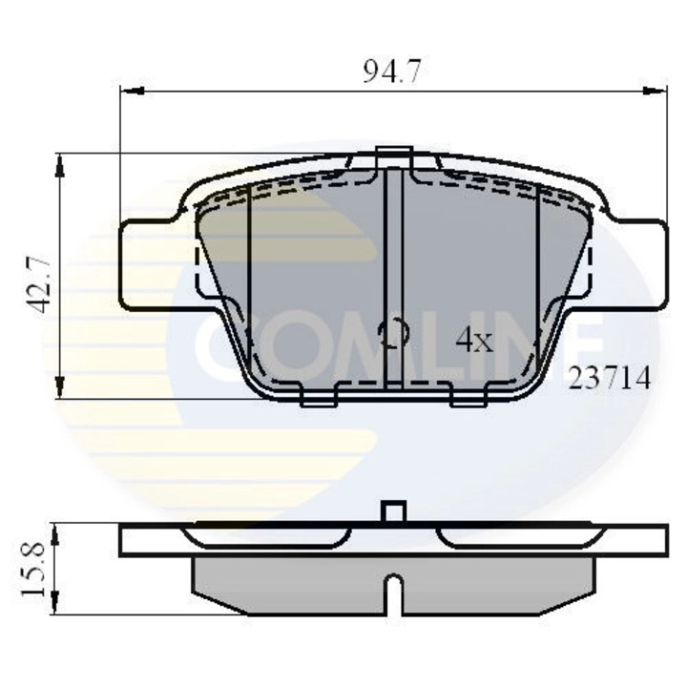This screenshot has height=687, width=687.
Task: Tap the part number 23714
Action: (610, 379)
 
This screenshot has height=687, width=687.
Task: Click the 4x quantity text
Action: (473, 341)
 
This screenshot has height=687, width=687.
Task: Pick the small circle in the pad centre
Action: (393, 333)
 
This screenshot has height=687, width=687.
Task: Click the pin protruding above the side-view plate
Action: (391, 511)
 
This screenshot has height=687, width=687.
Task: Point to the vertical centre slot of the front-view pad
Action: (392, 277)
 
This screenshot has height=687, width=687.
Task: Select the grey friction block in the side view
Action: (286, 584)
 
